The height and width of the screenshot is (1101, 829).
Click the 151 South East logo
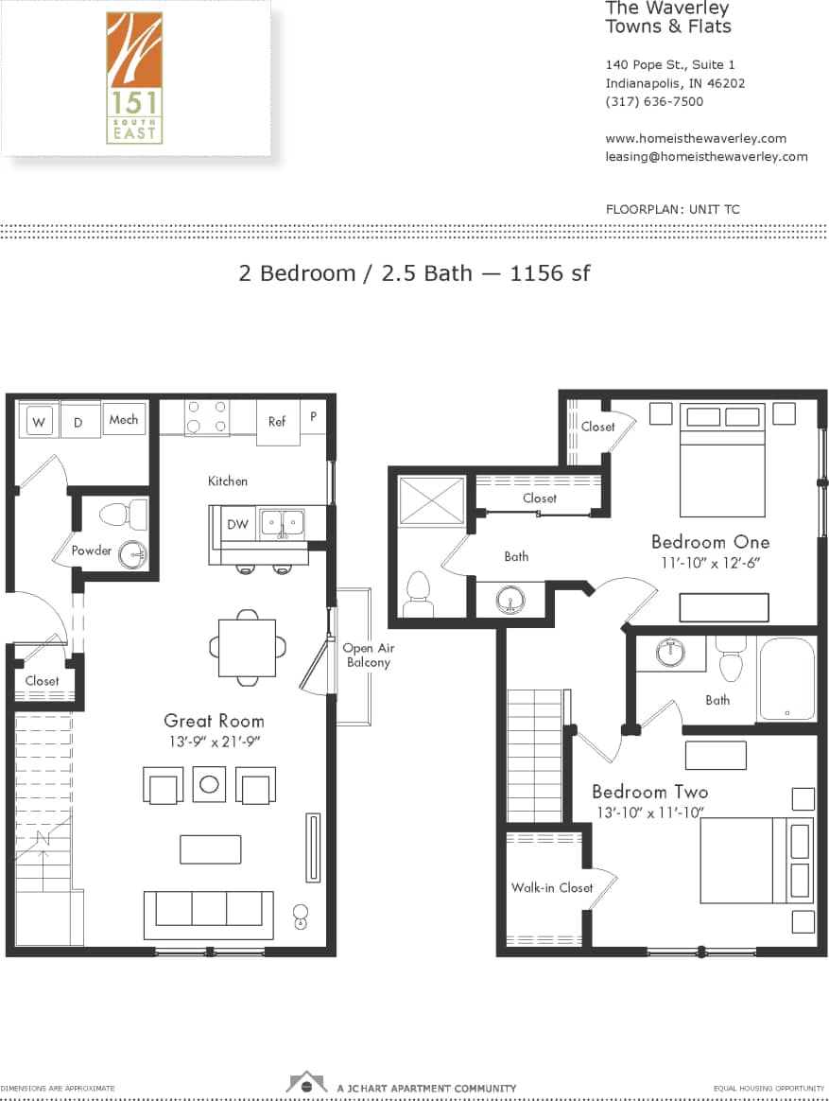pos(134,78)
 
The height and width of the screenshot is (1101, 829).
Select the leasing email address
pos(706,157)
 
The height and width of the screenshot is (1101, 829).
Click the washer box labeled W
pos(39,422)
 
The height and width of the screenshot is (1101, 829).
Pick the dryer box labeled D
pos(79,423)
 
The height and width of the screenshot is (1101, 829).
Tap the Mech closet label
pos(123,419)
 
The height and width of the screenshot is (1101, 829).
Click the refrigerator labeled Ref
pos(277,422)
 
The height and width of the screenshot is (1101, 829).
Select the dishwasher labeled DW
pos(236,524)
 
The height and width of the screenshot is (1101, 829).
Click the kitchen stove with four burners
pos(207,417)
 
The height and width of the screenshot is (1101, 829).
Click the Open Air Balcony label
pos(368,655)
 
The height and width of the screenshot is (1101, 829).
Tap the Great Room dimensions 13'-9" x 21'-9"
pos(214,743)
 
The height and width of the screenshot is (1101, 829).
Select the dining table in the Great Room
pos(247,648)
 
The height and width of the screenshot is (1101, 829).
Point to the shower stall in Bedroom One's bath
pos(432,501)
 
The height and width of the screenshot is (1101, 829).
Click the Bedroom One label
pos(710,542)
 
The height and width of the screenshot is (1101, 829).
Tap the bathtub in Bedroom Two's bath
pos(786,679)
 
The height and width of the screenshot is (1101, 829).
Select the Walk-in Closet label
pos(552,887)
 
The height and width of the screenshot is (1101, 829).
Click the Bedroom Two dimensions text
pos(651,813)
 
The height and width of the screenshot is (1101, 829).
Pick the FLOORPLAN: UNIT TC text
pos(672,209)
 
